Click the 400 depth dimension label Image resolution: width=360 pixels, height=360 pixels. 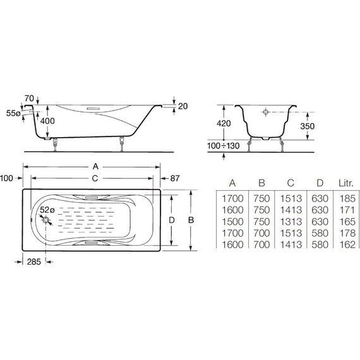coord(47,121)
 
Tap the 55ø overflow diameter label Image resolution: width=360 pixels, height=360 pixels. coord(13,113)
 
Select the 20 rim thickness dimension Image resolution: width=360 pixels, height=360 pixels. coord(183,106)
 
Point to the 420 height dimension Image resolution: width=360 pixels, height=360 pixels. coord(224,124)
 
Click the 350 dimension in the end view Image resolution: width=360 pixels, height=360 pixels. coord(307,126)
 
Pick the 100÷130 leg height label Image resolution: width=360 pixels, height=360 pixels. coord(223,146)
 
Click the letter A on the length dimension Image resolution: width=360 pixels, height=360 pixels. coord(95,167)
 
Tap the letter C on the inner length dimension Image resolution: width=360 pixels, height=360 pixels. coord(95,178)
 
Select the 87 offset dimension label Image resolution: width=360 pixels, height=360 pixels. coord(175,178)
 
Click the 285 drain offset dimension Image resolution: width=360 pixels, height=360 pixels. coord(33,261)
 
